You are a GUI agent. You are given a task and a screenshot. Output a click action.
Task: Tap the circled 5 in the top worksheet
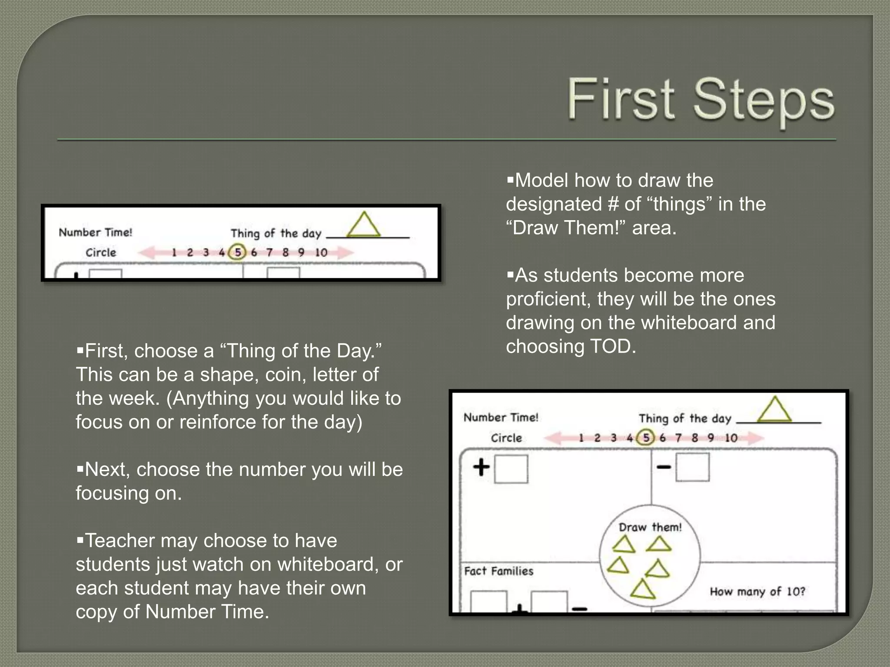tap(238, 252)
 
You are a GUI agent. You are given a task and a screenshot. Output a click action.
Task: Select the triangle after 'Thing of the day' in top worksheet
tap(364, 225)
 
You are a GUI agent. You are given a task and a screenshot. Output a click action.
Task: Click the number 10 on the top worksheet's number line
tap(321, 252)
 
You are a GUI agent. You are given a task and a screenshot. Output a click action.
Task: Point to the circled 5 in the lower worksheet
tap(646, 437)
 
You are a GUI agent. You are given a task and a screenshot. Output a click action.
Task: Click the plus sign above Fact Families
tap(482, 468)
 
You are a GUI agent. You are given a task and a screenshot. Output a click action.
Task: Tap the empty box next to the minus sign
tap(693, 468)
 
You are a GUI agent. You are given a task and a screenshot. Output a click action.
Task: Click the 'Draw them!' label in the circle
tap(650, 527)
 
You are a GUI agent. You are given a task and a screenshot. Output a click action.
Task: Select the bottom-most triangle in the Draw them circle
tap(643, 590)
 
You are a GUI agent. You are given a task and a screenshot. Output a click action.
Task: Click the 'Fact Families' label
tap(498, 571)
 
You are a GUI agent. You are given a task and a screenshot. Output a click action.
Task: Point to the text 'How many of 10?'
tap(757, 591)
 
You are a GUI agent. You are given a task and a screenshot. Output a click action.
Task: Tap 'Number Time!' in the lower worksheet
tap(501, 417)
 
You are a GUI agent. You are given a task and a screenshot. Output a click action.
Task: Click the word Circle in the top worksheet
tap(101, 252)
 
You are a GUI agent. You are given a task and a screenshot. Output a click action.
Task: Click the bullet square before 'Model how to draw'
tap(510, 179)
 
